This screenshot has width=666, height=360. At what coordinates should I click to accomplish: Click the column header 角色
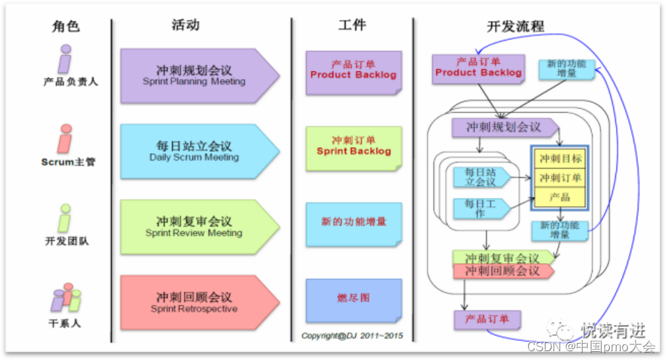66,26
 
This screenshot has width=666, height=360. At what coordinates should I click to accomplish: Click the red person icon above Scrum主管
65,138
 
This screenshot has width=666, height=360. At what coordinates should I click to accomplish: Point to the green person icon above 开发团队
65,218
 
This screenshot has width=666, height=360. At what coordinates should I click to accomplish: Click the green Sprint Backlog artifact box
353,147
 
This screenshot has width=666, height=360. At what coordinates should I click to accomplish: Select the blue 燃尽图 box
353,299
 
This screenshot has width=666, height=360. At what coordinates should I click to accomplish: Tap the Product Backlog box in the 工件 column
353,71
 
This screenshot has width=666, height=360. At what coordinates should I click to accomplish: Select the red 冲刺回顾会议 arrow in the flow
502,271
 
